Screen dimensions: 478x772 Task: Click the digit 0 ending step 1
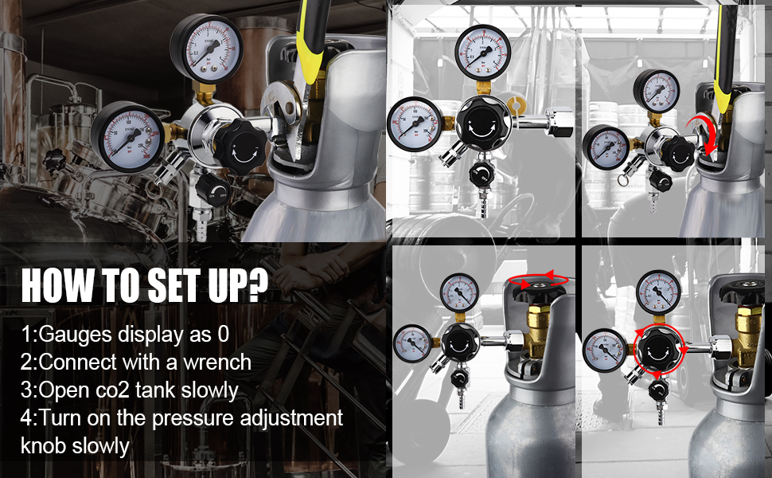224,335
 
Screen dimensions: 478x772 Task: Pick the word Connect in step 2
72,362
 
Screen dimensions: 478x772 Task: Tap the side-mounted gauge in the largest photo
126,136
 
